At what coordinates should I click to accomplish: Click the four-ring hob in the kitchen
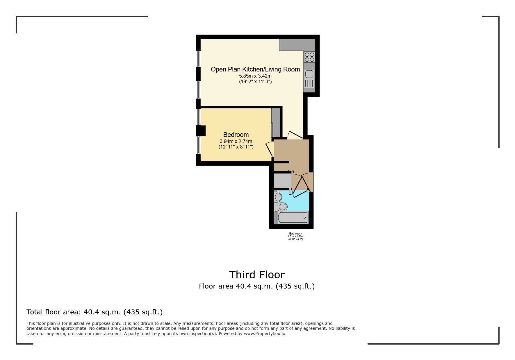click(309, 57)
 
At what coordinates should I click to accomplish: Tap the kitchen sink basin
click(309, 74)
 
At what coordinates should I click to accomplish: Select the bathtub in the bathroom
click(293, 217)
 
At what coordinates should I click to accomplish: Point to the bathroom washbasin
click(278, 197)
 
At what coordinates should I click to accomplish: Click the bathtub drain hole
click(304, 217)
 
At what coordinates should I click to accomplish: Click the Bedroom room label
click(236, 135)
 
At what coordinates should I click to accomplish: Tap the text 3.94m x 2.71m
click(236, 141)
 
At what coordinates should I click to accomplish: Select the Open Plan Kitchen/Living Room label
click(255, 69)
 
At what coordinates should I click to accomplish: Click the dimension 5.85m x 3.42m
click(255, 76)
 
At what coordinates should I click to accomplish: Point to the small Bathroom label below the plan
click(295, 234)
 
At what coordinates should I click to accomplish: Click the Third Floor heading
click(257, 275)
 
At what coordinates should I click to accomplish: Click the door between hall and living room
click(295, 135)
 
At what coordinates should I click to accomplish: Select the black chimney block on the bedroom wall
click(201, 131)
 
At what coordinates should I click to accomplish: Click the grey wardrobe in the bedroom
click(276, 122)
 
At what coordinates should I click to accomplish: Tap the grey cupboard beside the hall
click(282, 181)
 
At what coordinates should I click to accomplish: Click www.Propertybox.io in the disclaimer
click(264, 334)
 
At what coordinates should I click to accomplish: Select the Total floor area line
click(95, 312)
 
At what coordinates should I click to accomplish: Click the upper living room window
click(199, 59)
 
